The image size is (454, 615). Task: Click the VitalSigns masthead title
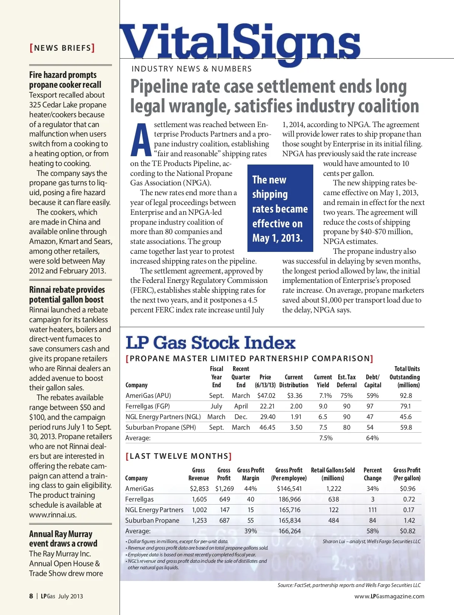pyautogui.click(x=240, y=42)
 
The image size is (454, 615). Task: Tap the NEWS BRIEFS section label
pyautogui.click(x=62, y=48)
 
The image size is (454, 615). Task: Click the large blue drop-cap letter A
pyautogui.click(x=140, y=140)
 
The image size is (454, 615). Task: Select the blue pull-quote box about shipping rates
pyautogui.click(x=280, y=208)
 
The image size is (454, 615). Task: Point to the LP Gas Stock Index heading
pyautogui.click(x=210, y=343)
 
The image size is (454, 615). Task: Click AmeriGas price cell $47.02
pyautogui.click(x=266, y=396)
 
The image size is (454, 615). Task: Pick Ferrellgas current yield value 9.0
pyautogui.click(x=323, y=406)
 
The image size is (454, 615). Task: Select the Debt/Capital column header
pyautogui.click(x=372, y=381)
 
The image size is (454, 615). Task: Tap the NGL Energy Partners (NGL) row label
pyautogui.click(x=163, y=417)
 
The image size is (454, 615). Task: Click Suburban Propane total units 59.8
pyautogui.click(x=406, y=427)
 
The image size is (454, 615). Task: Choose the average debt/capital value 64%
pyautogui.click(x=372, y=438)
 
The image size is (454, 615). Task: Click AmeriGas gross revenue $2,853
pyautogui.click(x=199, y=489)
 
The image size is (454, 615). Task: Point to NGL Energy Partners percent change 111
pyautogui.click(x=372, y=510)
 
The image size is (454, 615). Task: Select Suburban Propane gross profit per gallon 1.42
pyautogui.click(x=409, y=520)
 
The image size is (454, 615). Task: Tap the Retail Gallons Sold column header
pyautogui.click(x=333, y=474)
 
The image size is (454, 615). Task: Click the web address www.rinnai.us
pyautogui.click(x=53, y=515)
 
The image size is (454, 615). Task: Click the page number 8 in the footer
pyautogui.click(x=31, y=596)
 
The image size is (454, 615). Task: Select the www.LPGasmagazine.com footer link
pyautogui.click(x=389, y=596)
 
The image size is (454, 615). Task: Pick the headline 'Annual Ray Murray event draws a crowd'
pyautogui.click(x=63, y=539)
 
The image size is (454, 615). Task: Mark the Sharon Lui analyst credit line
pyautogui.click(x=371, y=541)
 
